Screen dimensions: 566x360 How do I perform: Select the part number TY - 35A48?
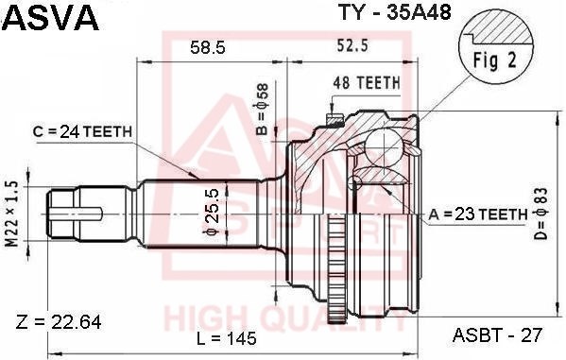394,13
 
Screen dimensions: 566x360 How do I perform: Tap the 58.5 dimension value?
208,47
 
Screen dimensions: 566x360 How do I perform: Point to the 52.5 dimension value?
352,45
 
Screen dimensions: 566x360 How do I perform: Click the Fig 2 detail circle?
496,48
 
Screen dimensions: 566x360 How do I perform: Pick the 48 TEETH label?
367,83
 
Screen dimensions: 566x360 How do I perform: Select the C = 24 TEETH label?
82,131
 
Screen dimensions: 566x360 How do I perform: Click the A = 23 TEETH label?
478,214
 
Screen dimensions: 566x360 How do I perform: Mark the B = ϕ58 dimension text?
263,110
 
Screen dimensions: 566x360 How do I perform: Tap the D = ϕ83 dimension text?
541,214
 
